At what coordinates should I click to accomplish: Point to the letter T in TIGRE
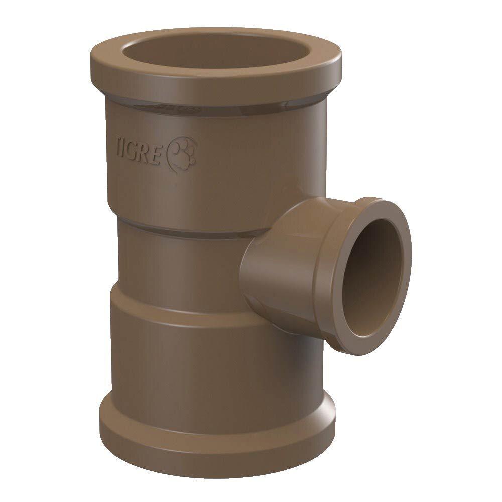119,146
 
